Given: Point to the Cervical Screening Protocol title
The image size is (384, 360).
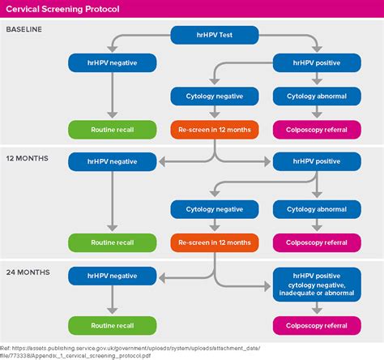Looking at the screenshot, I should coord(61,9).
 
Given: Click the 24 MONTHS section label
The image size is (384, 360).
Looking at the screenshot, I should coord(28,272).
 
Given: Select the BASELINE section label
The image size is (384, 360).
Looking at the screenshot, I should coord(25,29).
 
